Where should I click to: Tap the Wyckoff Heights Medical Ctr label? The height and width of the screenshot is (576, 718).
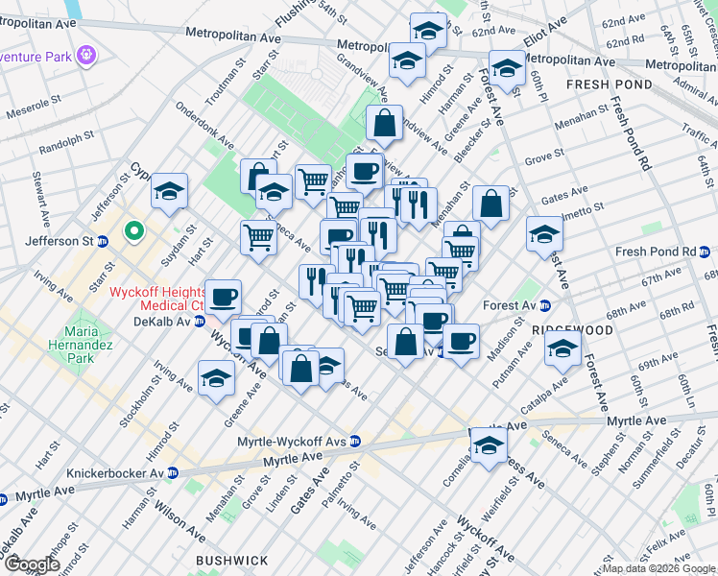click(157, 298)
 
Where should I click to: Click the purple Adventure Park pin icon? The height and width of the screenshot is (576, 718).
click(87, 54)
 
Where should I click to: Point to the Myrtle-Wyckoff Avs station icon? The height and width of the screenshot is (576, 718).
click(354, 441)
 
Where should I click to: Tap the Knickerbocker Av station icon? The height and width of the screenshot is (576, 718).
click(173, 472)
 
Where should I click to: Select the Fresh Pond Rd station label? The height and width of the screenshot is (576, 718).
click(656, 252)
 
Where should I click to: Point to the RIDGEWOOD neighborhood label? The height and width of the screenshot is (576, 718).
click(572, 329)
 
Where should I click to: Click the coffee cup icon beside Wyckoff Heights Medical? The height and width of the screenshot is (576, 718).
click(224, 298)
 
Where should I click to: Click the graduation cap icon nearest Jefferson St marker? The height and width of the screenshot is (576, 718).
click(170, 193)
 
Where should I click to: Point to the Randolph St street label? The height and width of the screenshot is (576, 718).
click(63, 145)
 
